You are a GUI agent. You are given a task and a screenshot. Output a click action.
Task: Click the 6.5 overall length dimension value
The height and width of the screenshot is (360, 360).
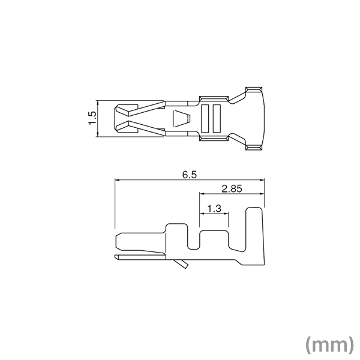[x=190, y=175]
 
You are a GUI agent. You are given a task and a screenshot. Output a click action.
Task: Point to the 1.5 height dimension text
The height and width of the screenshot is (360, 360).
[x=92, y=118]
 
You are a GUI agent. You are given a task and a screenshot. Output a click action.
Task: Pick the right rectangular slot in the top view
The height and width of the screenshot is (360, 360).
[x=217, y=118]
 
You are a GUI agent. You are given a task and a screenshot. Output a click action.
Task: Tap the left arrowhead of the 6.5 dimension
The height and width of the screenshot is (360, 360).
[x=118, y=179]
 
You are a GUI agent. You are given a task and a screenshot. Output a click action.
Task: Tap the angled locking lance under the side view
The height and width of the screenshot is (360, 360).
[x=179, y=263]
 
